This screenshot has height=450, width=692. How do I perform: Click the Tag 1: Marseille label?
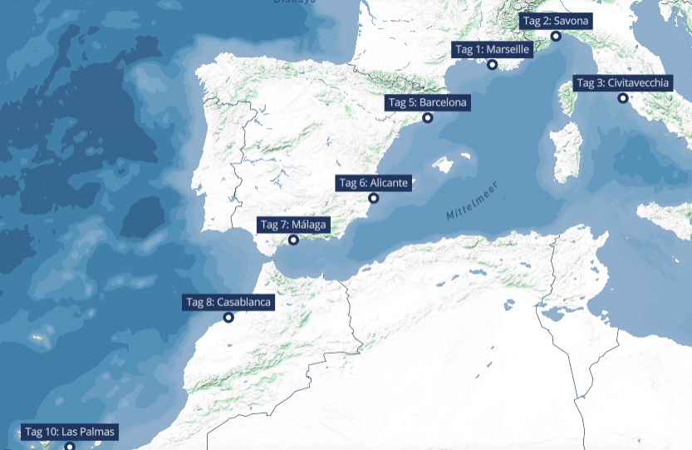click(x=492, y=50)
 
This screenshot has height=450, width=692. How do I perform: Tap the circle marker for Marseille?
click(x=493, y=65)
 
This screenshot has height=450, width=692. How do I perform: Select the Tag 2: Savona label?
click(x=556, y=21)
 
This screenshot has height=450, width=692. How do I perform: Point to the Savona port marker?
click(x=556, y=36)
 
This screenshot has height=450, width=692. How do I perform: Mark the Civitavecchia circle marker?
click(x=623, y=98)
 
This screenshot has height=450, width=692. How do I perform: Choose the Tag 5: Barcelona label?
click(x=428, y=102)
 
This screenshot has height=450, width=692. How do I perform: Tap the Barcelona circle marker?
click(x=428, y=118)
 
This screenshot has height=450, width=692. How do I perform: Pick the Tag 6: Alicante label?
click(x=373, y=183)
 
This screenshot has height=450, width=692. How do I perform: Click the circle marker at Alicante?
click(x=374, y=198)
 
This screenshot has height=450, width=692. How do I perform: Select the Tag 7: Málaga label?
click(x=294, y=225)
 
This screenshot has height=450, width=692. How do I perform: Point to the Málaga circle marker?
click(x=293, y=240)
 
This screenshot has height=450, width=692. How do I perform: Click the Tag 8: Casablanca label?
click(x=228, y=302)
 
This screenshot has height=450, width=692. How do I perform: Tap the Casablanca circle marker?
click(x=228, y=317)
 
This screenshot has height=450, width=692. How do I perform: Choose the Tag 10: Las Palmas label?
click(x=70, y=432)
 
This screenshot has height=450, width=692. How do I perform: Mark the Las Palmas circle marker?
click(x=70, y=446)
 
